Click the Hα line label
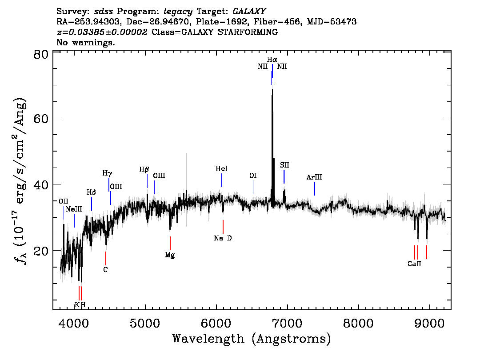point(272,60)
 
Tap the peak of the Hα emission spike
point(272,89)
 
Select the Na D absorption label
point(223,238)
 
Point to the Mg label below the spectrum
point(170,255)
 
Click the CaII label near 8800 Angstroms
point(414,264)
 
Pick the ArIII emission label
point(314,177)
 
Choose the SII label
point(284,165)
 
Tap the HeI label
point(221,169)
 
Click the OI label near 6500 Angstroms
point(253,176)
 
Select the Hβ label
point(144,169)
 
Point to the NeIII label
point(74,209)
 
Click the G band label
point(105,269)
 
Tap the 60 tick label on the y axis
point(41,118)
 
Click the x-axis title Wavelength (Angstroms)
point(252,339)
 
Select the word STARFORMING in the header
point(248,32)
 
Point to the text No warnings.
point(86,42)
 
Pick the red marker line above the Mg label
point(170,243)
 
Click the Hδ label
point(91,192)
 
